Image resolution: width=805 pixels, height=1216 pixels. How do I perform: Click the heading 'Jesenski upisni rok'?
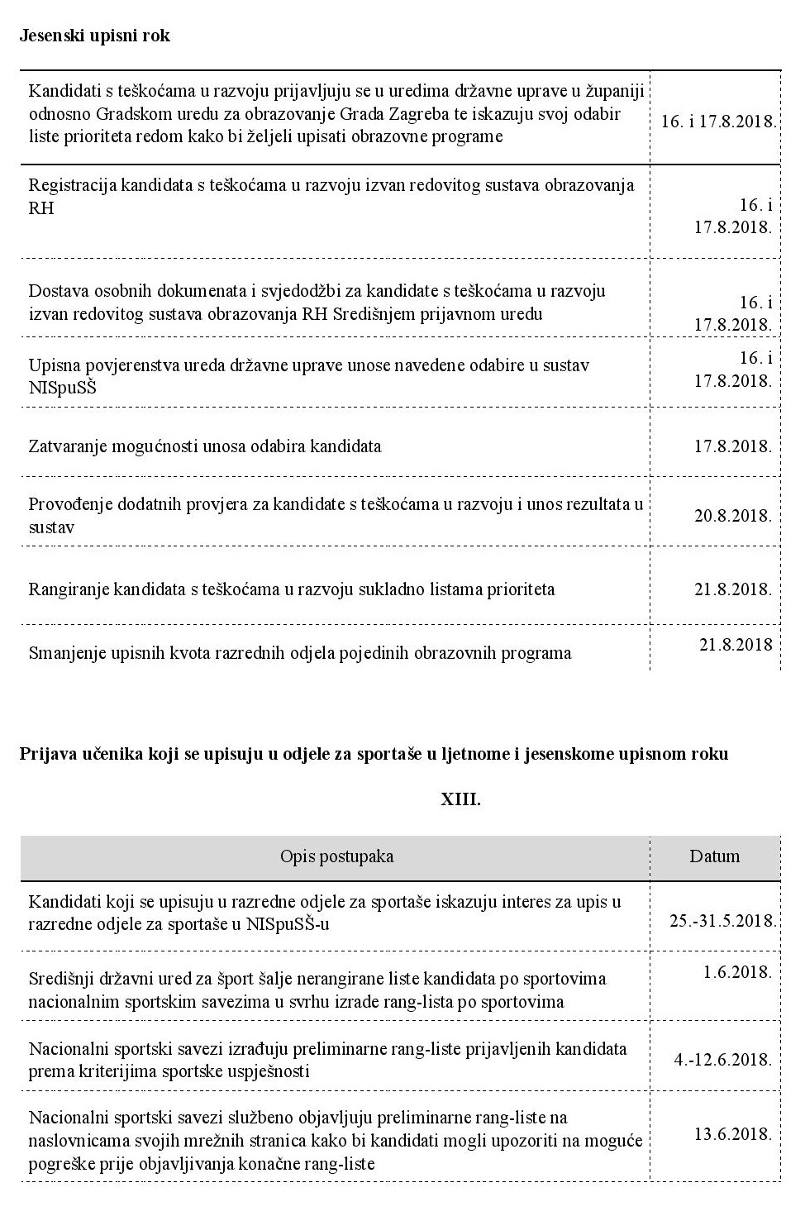point(94,36)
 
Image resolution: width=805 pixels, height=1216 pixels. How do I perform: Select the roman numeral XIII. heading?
point(460,799)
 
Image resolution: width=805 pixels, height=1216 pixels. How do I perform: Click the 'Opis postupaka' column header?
point(336,856)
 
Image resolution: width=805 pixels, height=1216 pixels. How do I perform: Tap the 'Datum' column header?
point(714,856)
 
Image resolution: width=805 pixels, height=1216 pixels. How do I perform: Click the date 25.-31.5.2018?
point(723,921)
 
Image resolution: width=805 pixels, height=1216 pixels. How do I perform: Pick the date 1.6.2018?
point(737,972)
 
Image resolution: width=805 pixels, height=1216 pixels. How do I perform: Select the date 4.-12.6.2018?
point(723,1059)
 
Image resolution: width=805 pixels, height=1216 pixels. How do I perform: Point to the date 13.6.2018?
point(732,1133)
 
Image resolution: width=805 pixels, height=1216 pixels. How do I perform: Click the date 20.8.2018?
point(732,516)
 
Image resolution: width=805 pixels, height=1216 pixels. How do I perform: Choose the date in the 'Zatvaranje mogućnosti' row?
point(732,446)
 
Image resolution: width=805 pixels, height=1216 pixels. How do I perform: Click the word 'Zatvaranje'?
point(67,446)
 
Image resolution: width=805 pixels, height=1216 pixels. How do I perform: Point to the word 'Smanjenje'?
point(65,653)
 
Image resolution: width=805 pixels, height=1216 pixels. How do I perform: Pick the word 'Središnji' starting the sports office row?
point(61,979)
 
